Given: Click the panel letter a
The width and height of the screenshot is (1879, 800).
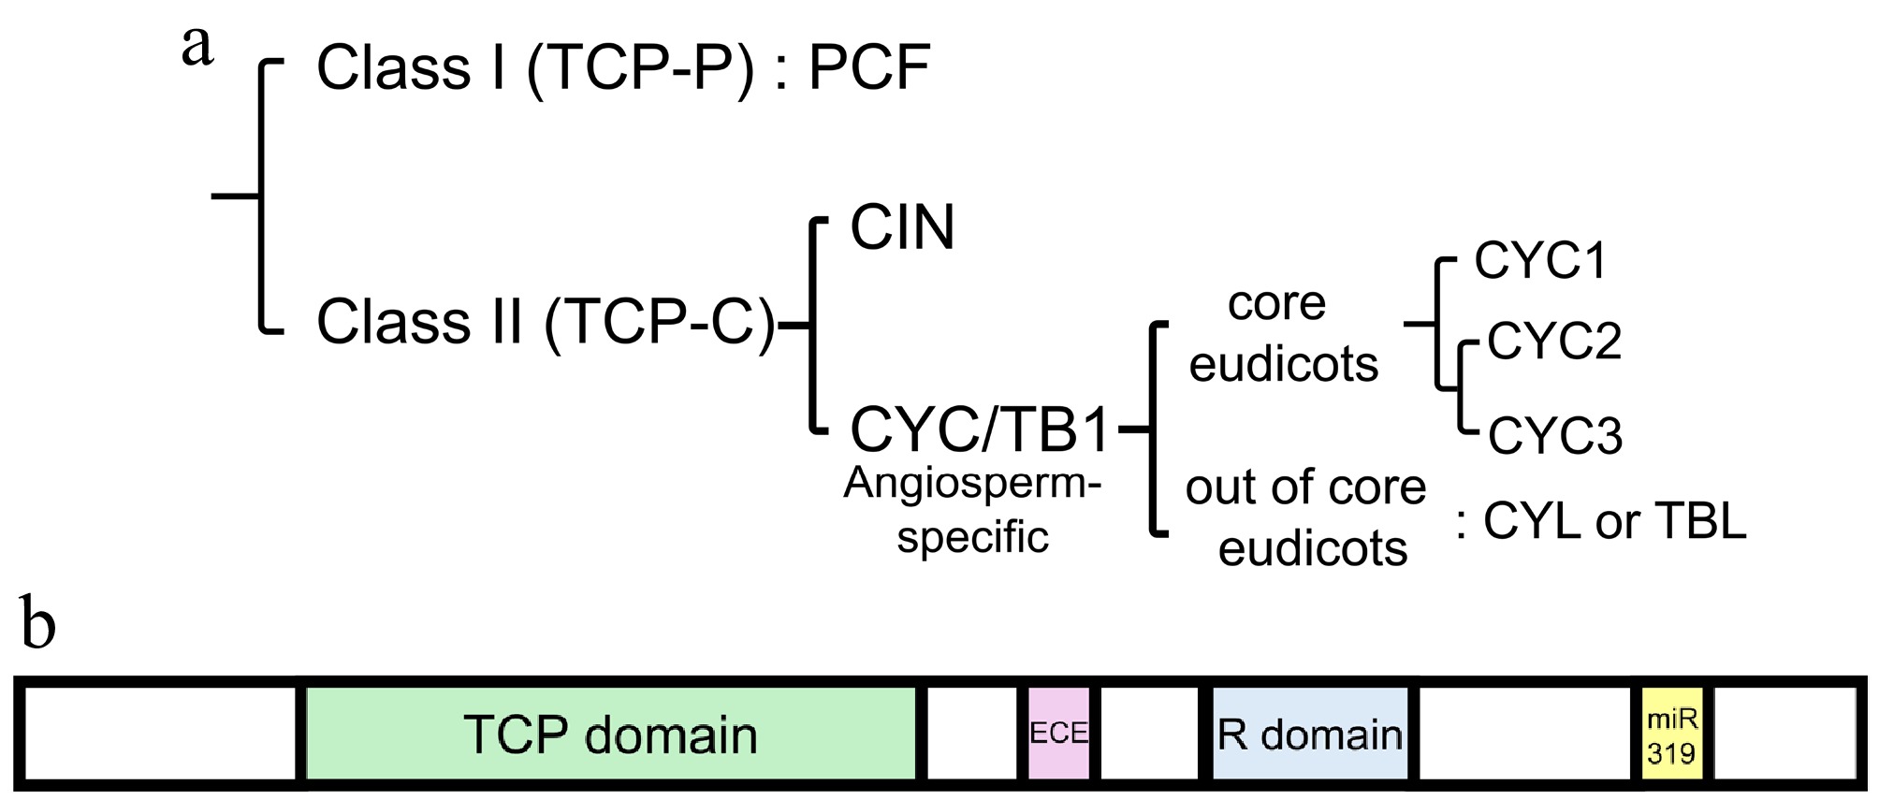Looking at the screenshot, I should pyautogui.click(x=197, y=47).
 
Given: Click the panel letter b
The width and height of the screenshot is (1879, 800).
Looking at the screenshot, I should pyautogui.click(x=37, y=625).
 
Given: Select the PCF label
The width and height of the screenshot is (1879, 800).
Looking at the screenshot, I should pyautogui.click(x=868, y=67).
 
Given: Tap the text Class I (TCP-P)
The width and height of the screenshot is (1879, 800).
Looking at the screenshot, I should pyautogui.click(x=535, y=68).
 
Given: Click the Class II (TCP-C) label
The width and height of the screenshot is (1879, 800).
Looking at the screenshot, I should pyautogui.click(x=546, y=322).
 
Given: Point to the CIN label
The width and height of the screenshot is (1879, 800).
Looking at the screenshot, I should pyautogui.click(x=902, y=227).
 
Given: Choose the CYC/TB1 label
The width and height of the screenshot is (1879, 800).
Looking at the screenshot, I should pyautogui.click(x=980, y=430).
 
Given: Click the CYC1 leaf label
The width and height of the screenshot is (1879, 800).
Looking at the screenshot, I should pyautogui.click(x=1540, y=260).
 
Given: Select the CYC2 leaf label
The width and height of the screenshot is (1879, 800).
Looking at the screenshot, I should pyautogui.click(x=1553, y=341).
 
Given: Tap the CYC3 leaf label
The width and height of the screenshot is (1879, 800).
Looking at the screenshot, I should pyautogui.click(x=1555, y=436).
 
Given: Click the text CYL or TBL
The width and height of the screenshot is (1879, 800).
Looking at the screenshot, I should pyautogui.click(x=1613, y=521).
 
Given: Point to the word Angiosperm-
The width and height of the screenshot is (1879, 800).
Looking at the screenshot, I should pyautogui.click(x=972, y=484).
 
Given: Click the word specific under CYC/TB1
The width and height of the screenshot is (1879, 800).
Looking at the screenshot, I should pyautogui.click(x=972, y=537).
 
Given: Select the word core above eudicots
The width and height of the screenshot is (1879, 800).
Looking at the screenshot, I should pyautogui.click(x=1276, y=303).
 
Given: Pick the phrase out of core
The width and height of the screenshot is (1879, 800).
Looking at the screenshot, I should pyautogui.click(x=1305, y=487).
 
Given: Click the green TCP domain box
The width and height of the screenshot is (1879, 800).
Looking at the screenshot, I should pyautogui.click(x=610, y=735).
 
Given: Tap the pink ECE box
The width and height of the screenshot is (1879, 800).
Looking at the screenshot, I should pyautogui.click(x=1058, y=734).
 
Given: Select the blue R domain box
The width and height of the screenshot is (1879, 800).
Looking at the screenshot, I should pyautogui.click(x=1310, y=735).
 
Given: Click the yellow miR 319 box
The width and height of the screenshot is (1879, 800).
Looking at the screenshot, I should pyautogui.click(x=1672, y=735).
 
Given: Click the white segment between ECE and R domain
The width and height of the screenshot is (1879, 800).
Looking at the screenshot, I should pyautogui.click(x=1149, y=735).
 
